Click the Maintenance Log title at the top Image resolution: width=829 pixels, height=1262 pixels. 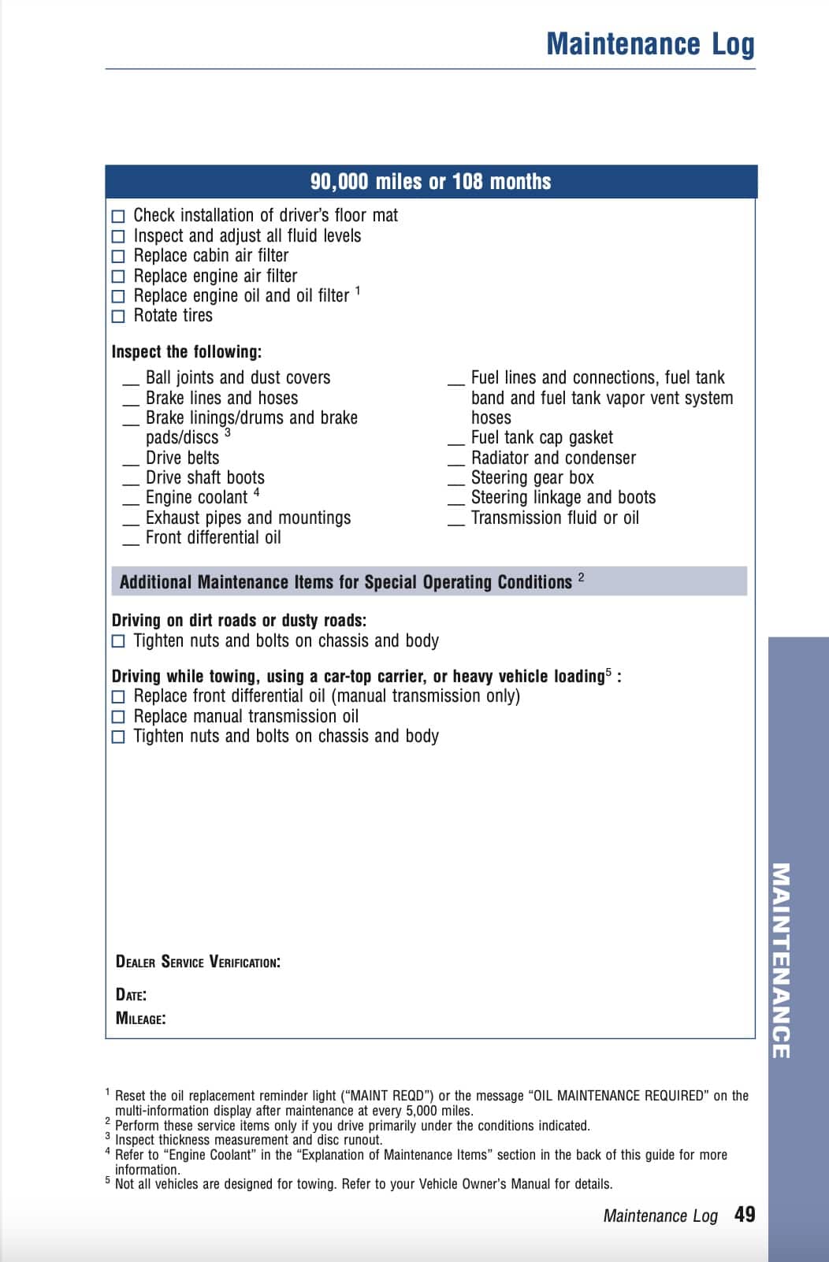(650, 44)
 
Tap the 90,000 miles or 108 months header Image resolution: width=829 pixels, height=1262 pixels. (430, 182)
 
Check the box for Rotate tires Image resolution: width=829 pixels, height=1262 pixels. (118, 317)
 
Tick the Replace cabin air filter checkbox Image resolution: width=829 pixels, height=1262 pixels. (118, 256)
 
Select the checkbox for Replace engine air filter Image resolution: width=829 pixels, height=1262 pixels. (118, 277)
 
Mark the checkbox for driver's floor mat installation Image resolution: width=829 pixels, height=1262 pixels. (118, 216)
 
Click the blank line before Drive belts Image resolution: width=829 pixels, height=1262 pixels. (131, 462)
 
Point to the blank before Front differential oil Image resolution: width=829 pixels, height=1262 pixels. (131, 543)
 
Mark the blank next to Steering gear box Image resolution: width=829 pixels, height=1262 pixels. (456, 483)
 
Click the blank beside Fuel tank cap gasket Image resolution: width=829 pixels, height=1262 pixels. (456, 443)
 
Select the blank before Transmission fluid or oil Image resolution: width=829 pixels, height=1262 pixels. (456, 523)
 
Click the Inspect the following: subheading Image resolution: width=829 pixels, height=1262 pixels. (187, 352)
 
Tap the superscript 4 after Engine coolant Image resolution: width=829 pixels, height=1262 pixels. (257, 493)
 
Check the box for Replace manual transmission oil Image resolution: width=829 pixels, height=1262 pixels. (118, 717)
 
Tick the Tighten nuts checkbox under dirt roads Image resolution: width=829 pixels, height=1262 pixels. (118, 641)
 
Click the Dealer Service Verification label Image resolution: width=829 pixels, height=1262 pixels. (198, 962)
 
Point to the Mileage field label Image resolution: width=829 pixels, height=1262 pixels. (140, 1018)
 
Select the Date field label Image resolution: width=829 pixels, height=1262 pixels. (131, 994)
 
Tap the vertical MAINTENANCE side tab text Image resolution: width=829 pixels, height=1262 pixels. (780, 960)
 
